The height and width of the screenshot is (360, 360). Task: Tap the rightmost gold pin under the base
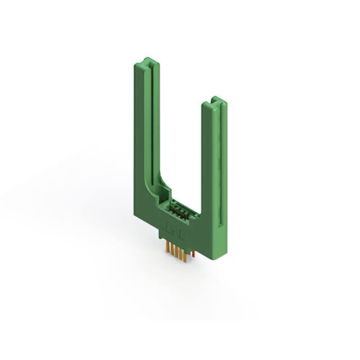193,254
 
